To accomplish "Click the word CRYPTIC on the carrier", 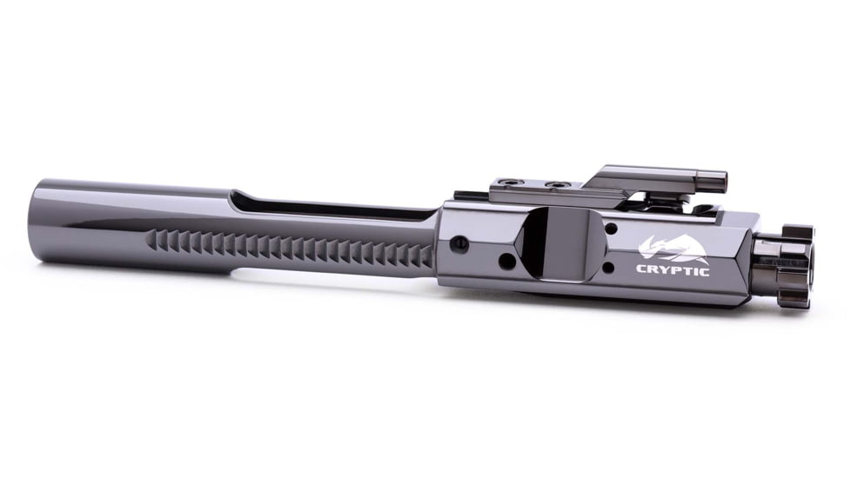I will pyautogui.click(x=673, y=270).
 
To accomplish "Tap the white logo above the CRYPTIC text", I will pyautogui.click(x=671, y=249).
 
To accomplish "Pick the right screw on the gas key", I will pyautogui.click(x=553, y=185).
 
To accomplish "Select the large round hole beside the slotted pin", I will pyautogui.click(x=505, y=260).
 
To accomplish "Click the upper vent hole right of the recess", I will pyautogui.click(x=610, y=229).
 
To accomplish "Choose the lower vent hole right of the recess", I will pyautogui.click(x=610, y=268).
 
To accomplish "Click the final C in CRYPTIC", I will pyautogui.click(x=703, y=270).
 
